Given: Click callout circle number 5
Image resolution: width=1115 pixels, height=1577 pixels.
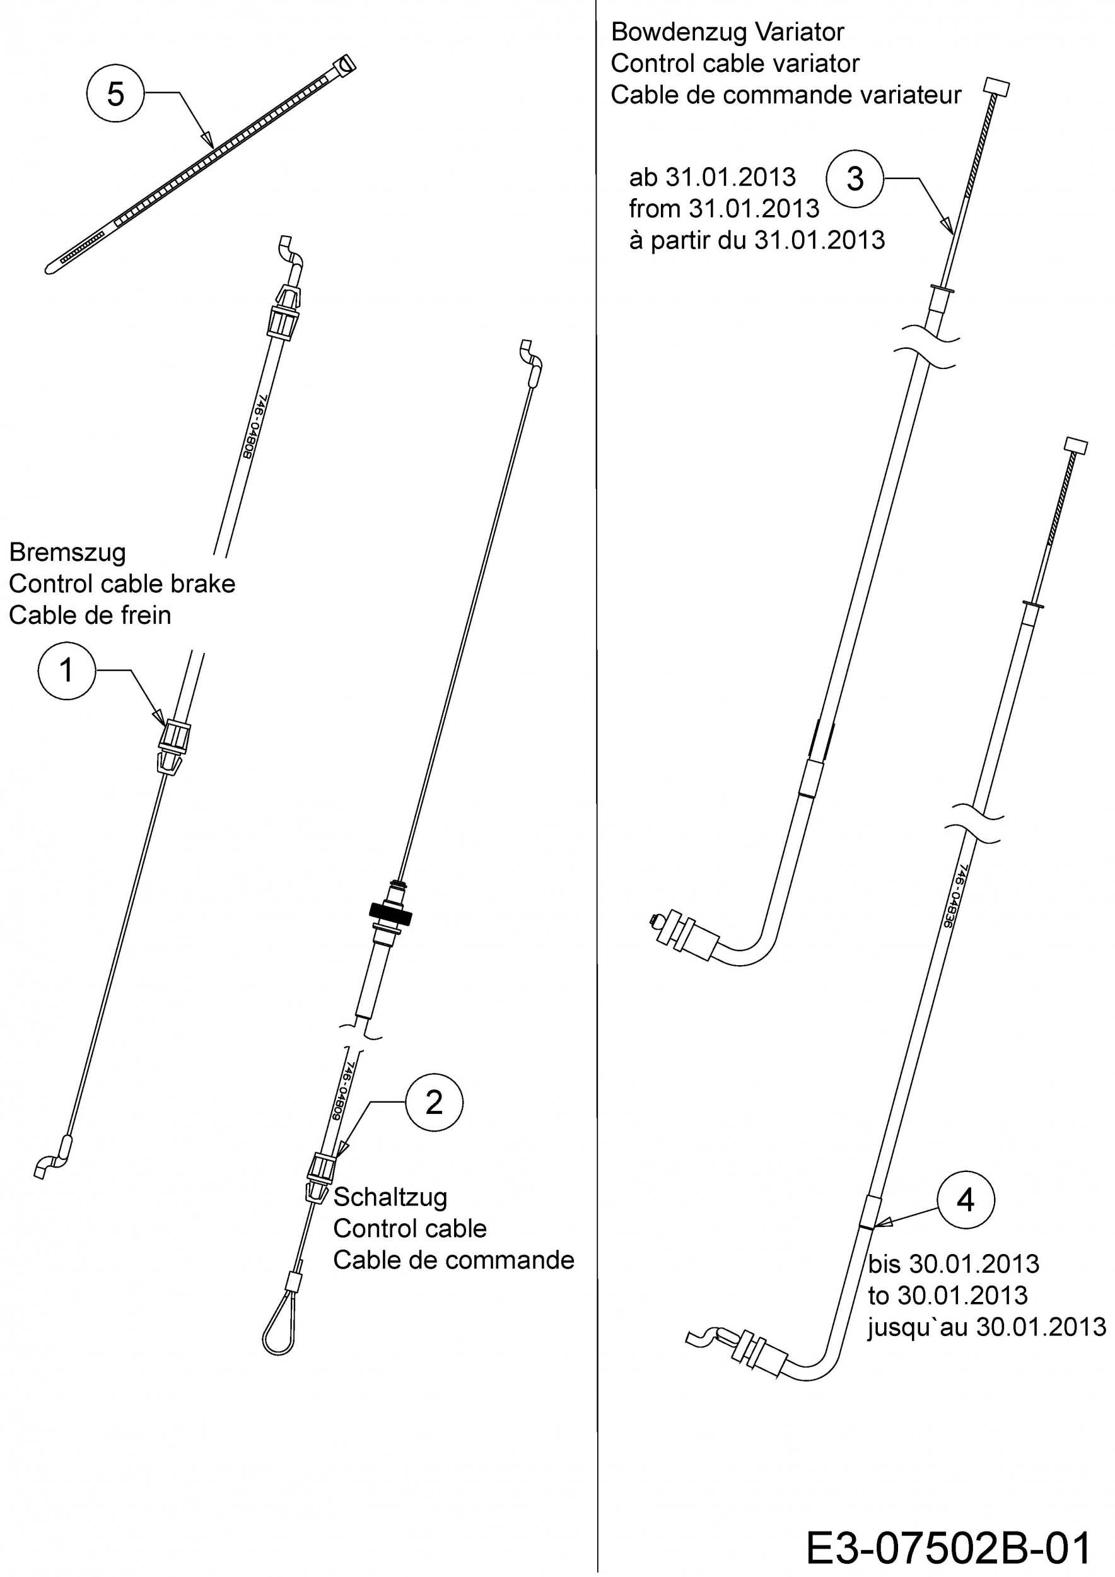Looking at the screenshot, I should pyautogui.click(x=115, y=93).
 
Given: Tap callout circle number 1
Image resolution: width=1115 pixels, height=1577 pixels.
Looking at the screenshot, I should pyautogui.click(x=67, y=671).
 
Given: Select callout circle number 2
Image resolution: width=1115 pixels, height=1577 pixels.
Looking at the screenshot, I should pyautogui.click(x=434, y=1103).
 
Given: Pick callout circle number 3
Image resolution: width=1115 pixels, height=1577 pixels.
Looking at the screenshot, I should pyautogui.click(x=855, y=179).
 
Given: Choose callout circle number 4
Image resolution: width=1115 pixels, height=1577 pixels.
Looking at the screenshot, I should pyautogui.click(x=966, y=1200).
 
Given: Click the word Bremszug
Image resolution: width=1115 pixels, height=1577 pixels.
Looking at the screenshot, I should pyautogui.click(x=67, y=552).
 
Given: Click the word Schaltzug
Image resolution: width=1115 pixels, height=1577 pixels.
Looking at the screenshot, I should pyautogui.click(x=390, y=1197).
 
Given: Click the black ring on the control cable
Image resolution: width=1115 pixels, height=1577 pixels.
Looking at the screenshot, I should pyautogui.click(x=390, y=913).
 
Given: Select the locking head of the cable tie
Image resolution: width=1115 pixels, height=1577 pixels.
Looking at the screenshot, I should pyautogui.click(x=345, y=65).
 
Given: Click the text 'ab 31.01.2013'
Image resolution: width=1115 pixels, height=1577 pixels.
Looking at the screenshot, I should pyautogui.click(x=712, y=177).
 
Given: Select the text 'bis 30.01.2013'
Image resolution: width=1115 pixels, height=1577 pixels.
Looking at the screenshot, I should pyautogui.click(x=953, y=1263).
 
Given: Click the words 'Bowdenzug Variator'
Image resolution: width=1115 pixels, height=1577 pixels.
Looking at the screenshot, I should pyautogui.click(x=727, y=32).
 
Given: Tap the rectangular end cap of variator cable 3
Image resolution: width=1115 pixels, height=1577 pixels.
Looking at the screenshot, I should pyautogui.click(x=997, y=87).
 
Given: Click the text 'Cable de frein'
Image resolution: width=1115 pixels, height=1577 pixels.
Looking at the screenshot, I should pyautogui.click(x=90, y=615).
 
